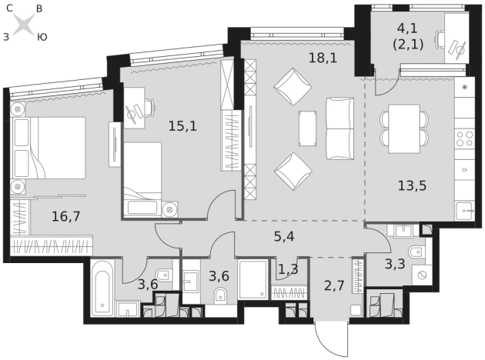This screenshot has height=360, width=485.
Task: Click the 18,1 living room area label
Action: (323, 58)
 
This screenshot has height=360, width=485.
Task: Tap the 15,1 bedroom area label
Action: (182, 126)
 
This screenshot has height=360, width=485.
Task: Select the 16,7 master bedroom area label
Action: (66, 216)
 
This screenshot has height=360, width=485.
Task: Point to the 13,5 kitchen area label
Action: (412, 185)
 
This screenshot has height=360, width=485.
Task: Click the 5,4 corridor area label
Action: (284, 236)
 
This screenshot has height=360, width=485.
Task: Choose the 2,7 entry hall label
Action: (334, 285)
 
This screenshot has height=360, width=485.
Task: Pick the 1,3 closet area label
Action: (288, 269)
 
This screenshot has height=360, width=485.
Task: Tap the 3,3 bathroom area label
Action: (395, 264)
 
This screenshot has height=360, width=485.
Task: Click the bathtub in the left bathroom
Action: (102, 288)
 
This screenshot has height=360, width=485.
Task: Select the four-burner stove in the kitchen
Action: (465, 138)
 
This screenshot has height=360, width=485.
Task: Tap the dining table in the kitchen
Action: (404, 128)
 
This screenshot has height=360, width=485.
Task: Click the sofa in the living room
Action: (340, 128)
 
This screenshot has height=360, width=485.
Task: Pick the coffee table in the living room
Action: (307, 128)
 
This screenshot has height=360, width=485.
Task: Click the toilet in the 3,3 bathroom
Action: (416, 252)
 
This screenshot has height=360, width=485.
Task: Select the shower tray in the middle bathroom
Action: (253, 279)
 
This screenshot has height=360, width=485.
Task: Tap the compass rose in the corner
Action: (24, 24)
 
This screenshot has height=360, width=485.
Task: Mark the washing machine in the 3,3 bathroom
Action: (422, 275)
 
